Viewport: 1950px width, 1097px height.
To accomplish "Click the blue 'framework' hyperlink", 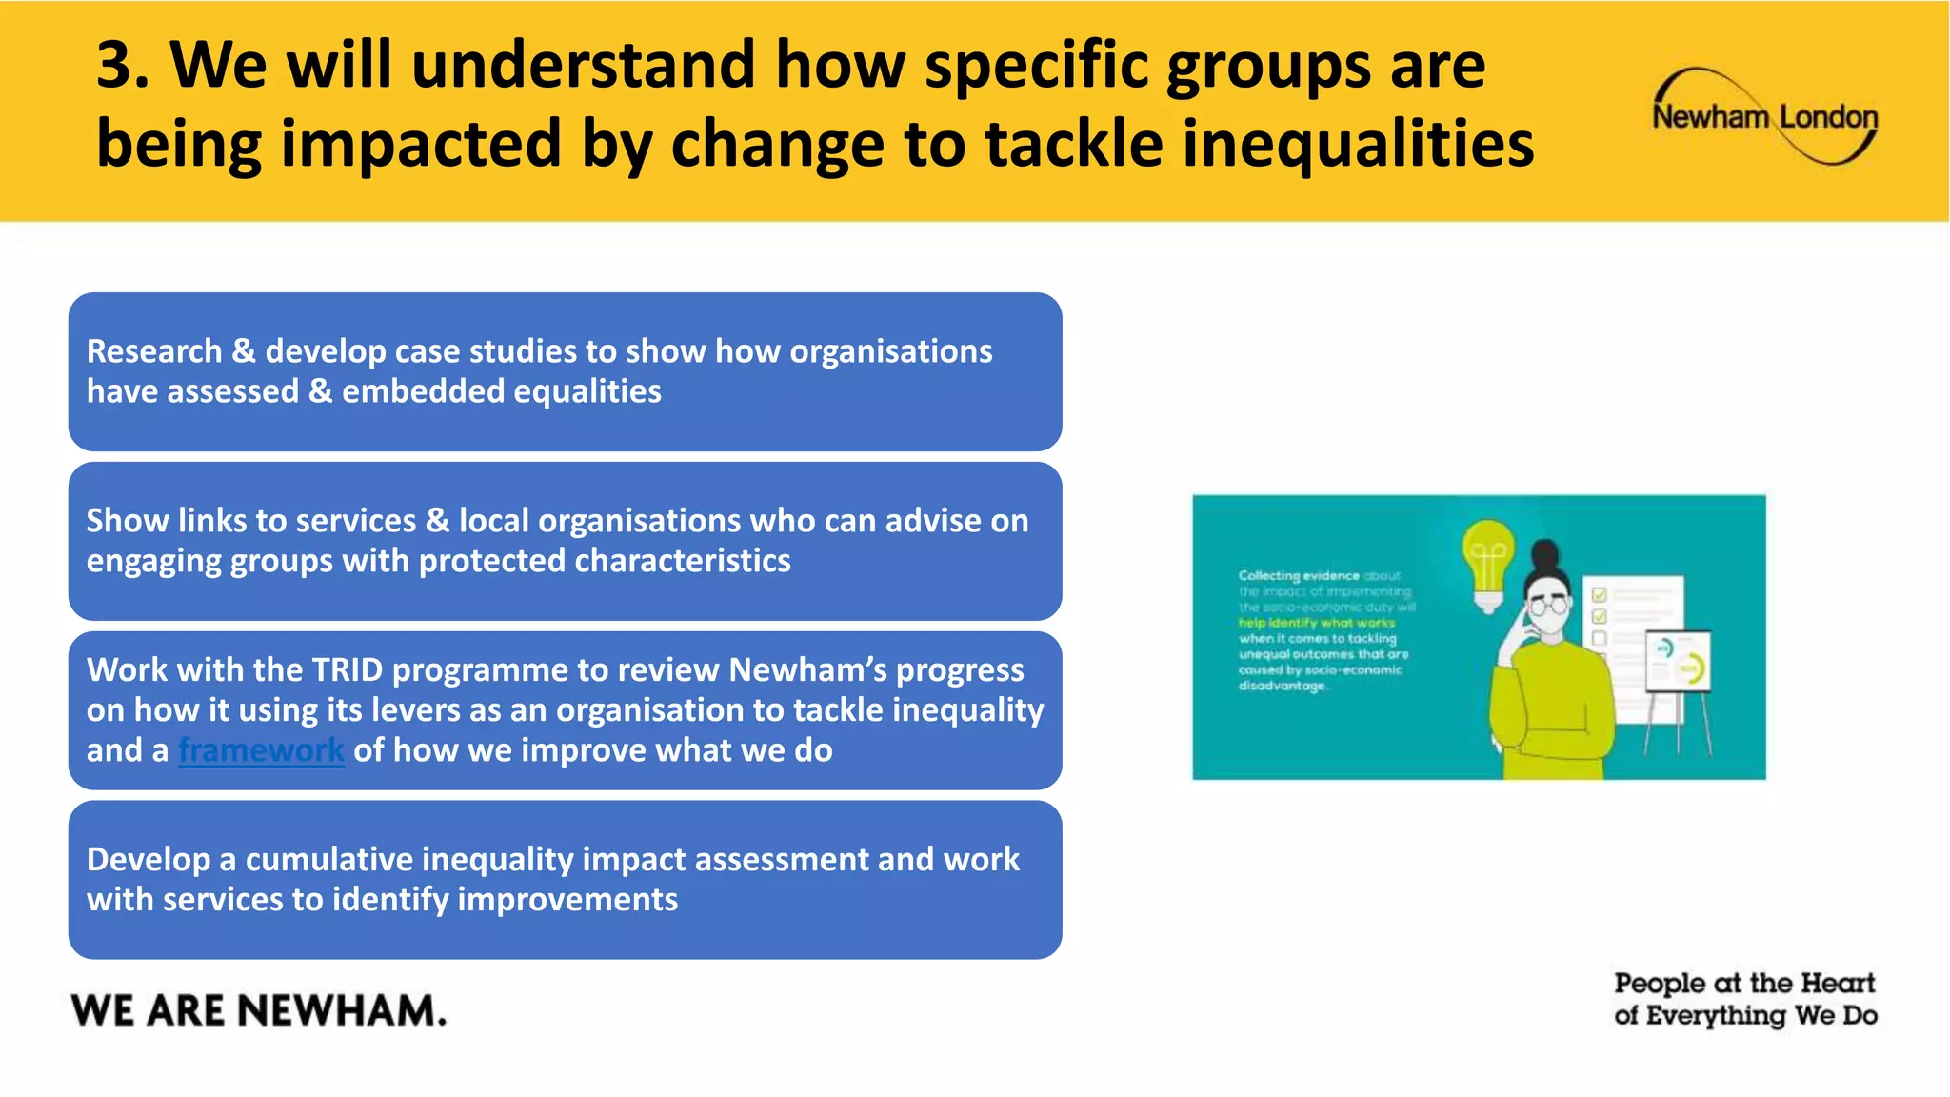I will [261, 750].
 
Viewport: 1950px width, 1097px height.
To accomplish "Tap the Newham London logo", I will [1764, 117].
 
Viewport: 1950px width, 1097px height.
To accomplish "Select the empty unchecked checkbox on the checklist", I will [1600, 638].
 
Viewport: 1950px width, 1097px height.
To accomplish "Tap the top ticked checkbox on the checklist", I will [1600, 595].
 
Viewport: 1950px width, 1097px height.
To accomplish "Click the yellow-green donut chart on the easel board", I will [1692, 669].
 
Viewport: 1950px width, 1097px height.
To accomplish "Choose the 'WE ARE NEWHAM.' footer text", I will [258, 1010].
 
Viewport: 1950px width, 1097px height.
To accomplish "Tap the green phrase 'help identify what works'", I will [1316, 623].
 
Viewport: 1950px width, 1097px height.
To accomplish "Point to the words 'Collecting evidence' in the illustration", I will [1299, 575].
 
